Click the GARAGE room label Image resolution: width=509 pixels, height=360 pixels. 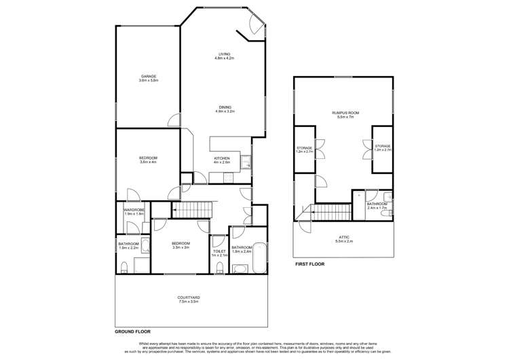pos(149,76)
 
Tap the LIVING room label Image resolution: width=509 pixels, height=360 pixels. pos(224,54)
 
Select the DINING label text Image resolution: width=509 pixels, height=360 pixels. pos(225,107)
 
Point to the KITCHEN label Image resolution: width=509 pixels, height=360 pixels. pos(222,158)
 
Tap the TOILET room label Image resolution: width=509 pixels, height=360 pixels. pos(219,251)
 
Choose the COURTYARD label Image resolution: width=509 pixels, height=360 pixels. pos(188,297)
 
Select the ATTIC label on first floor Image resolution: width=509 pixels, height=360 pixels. pos(344,237)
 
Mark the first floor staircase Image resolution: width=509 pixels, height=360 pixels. pos(331,211)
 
